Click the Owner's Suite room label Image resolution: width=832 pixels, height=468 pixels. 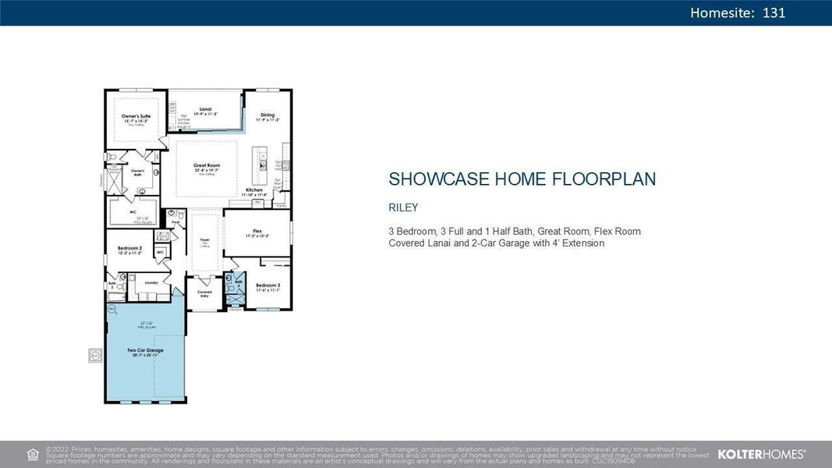pos(136,116)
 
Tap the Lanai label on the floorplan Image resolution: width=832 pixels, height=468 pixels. pos(205,109)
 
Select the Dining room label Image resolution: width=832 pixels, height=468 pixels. pos(267,115)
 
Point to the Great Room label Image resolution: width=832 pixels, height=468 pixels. pos(207,166)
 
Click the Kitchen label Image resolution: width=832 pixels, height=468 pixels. pos(255,190)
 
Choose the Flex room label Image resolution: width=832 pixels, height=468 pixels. pos(257,231)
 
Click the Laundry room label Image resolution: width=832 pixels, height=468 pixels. pos(151,282)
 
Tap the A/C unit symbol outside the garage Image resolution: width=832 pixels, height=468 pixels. pos(95,355)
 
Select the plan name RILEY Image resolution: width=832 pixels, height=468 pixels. pos(403,207)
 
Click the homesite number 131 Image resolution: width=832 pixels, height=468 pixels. pos(774,12)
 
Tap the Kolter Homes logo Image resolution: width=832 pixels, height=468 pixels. pos(761,453)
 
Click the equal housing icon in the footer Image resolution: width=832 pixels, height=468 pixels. pos(32,454)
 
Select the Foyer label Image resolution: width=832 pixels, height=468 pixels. pos(204,240)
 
